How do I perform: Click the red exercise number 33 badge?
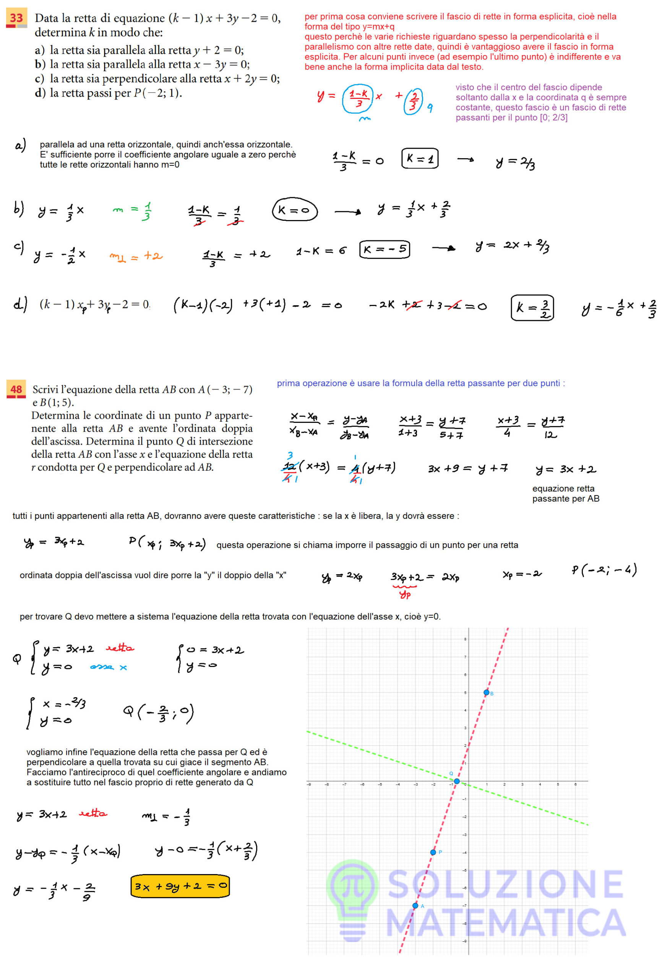click(x=16, y=18)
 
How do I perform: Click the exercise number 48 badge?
click(x=16, y=389)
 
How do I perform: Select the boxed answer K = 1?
click(x=420, y=159)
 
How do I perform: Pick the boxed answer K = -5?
click(x=385, y=249)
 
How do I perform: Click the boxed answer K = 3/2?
click(x=532, y=308)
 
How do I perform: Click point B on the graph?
click(x=487, y=692)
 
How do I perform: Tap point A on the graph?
click(x=415, y=906)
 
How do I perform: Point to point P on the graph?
click(x=433, y=852)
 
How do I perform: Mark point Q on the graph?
click(x=456, y=781)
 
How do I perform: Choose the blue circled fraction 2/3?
click(x=413, y=101)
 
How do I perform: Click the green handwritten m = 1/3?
click(x=132, y=210)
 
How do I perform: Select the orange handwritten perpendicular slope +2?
click(x=136, y=256)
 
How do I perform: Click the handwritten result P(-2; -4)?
click(x=604, y=570)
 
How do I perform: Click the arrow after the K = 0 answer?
click(x=347, y=212)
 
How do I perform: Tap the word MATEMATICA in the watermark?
click(x=505, y=923)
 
